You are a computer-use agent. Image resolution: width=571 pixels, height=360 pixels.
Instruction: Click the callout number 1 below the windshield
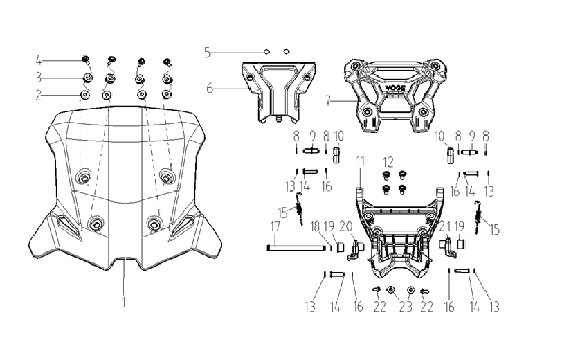point(124,302)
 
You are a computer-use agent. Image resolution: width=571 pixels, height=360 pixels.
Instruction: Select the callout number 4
point(39,60)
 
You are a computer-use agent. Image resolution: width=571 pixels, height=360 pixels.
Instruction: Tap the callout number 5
point(208,53)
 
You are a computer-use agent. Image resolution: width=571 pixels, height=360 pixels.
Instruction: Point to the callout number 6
point(210,88)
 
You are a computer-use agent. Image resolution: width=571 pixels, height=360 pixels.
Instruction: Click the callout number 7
point(328,100)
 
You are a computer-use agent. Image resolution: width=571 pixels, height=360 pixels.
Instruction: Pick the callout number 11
point(361,161)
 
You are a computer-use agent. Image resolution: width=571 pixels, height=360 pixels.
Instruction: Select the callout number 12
point(388,162)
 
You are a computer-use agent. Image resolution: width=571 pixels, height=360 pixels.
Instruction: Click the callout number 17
point(275,226)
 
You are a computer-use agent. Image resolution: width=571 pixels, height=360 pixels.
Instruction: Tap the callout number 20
point(346,226)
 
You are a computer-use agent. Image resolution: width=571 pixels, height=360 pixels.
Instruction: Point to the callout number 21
point(444,226)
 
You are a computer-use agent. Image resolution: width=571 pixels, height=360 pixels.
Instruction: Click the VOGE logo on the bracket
point(395,88)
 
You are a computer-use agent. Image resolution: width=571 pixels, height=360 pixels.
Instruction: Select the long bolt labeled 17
point(296,249)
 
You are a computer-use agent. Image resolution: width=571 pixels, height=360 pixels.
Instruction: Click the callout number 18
point(315,226)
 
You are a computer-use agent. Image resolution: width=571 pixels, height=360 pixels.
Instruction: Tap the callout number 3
point(39,78)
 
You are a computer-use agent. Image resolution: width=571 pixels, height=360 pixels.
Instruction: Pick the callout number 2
point(39,96)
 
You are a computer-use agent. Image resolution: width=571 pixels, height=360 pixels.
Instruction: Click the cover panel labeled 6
point(279,91)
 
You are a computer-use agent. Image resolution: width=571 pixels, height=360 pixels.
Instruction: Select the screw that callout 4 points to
point(86,60)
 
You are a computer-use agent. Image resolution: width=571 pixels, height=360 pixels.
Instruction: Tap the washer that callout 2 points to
point(86,95)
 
